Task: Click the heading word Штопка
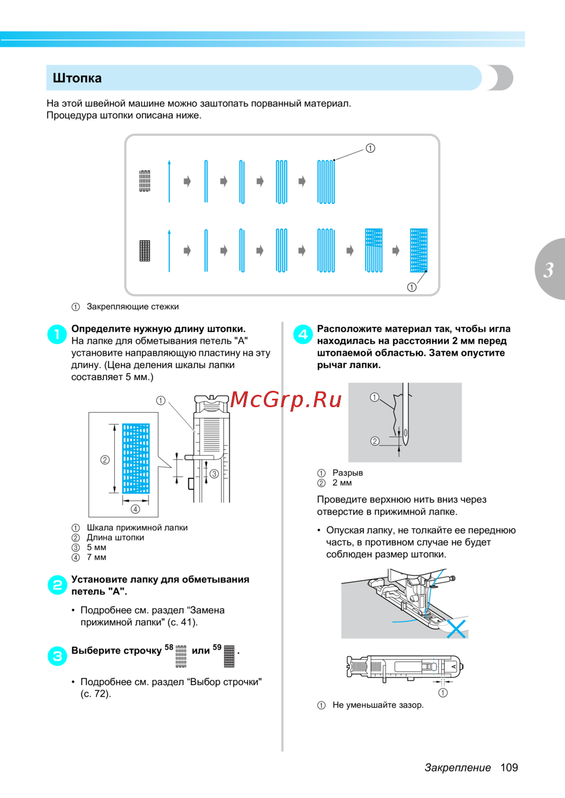click(77, 78)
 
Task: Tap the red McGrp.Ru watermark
click(286, 399)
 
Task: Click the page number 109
click(508, 768)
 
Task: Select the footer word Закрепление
click(458, 768)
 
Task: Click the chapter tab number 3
click(548, 270)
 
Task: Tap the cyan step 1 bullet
click(57, 334)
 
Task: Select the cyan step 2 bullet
click(57, 585)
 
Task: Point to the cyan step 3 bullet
click(57, 656)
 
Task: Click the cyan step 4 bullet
click(303, 334)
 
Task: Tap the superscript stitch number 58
click(169, 647)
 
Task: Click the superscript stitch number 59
click(217, 647)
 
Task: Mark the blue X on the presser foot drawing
click(457, 629)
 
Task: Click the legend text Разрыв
click(347, 473)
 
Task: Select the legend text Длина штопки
click(115, 538)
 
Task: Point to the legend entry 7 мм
click(96, 557)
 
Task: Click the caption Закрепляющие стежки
click(133, 307)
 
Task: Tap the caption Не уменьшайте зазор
click(378, 705)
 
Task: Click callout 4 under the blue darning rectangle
click(136, 509)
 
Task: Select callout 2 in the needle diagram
click(375, 441)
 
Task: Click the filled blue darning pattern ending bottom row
click(419, 250)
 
